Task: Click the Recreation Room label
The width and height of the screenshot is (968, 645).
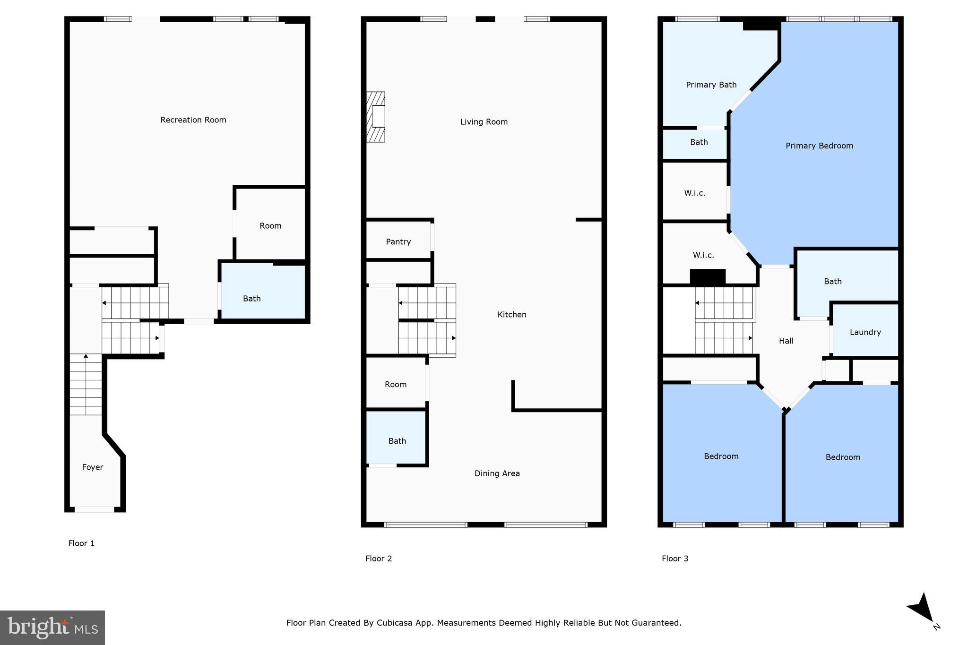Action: coord(193,120)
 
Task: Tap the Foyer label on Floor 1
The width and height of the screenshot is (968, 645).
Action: coord(93,467)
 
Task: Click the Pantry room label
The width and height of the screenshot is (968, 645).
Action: coord(398,242)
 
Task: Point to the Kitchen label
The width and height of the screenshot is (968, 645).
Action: coord(512,315)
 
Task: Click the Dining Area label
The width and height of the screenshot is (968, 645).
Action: coord(497,473)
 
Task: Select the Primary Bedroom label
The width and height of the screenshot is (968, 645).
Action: coord(819,146)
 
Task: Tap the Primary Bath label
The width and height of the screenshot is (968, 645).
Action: coord(711,85)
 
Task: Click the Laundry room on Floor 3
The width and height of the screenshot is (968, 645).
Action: coord(865,332)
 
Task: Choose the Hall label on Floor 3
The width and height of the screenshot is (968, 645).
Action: coord(786,341)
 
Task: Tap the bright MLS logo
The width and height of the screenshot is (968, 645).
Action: coord(52,628)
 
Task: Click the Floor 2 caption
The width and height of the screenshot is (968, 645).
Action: coord(379,559)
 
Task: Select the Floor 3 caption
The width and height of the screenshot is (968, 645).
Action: coord(675,559)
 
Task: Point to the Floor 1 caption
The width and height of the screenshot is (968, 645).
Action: coord(81,543)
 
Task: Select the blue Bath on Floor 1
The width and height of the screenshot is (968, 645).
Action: coord(252,299)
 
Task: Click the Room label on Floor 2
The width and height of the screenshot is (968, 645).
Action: coord(396,385)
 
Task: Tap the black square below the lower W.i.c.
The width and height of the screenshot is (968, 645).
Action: coord(708,277)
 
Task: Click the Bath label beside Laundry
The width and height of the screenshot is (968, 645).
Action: coord(832,282)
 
